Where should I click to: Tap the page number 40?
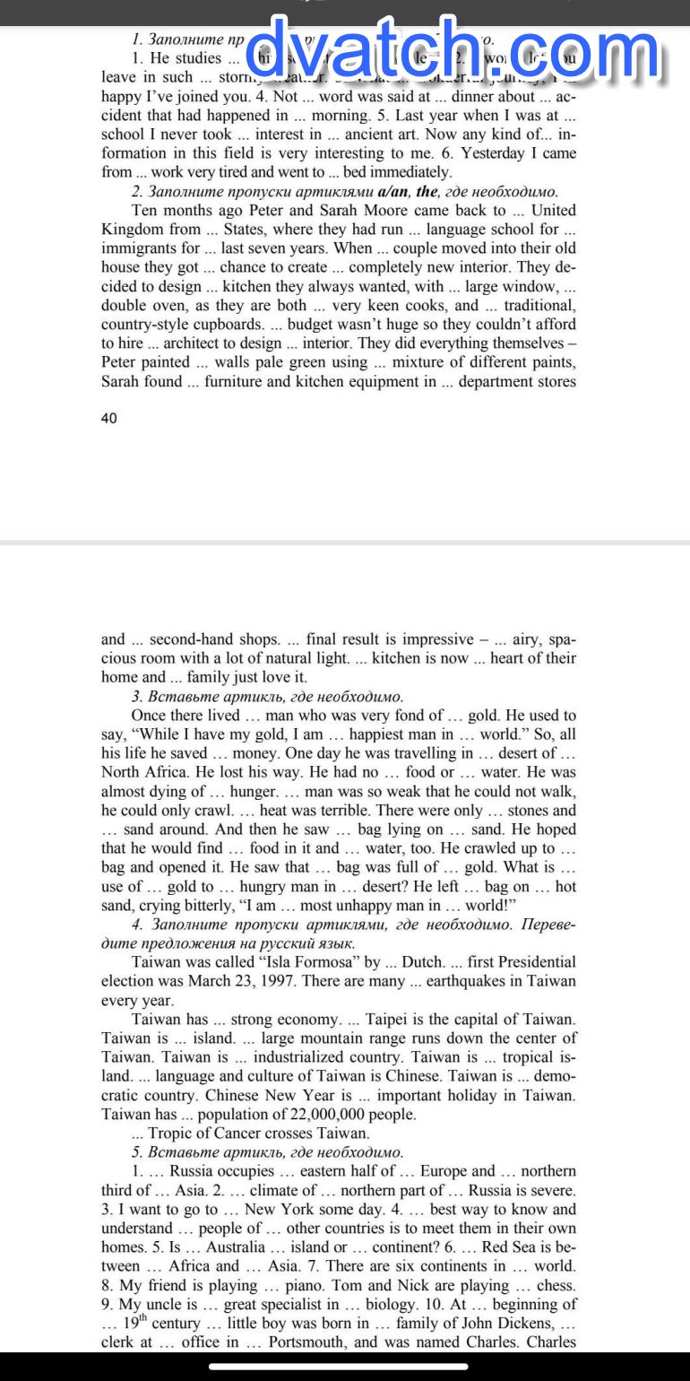pos(109,418)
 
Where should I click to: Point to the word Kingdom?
pos(132,230)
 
